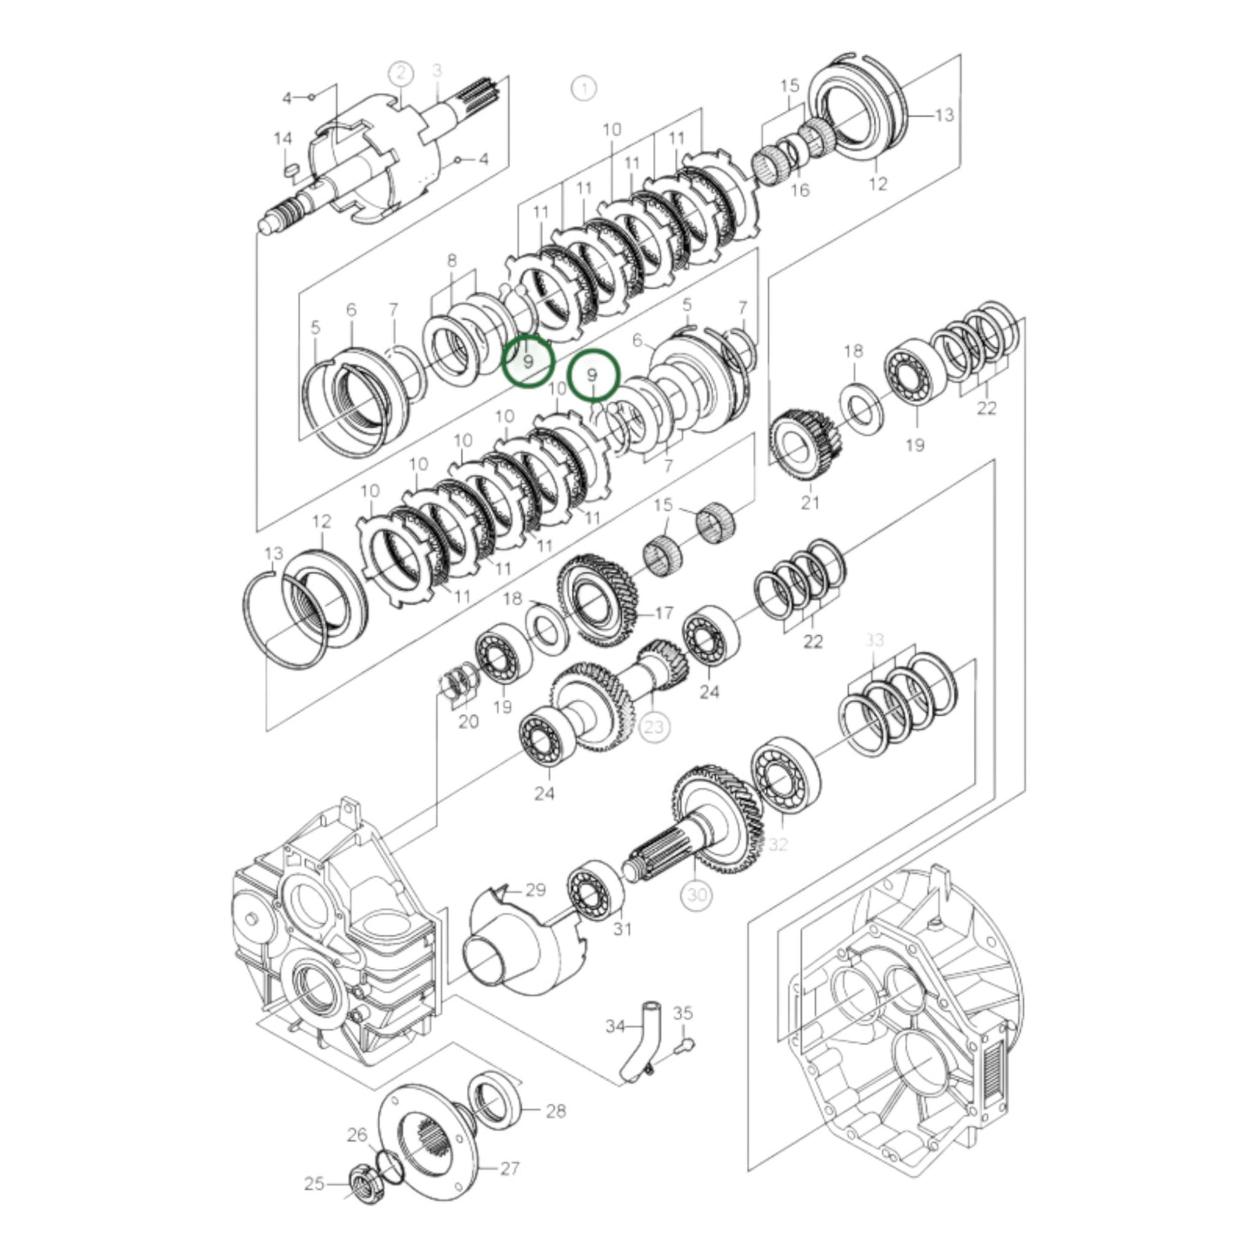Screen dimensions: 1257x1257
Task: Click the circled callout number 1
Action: (584, 88)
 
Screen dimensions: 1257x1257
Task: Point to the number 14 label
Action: (283, 139)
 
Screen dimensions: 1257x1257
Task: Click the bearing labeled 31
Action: (595, 888)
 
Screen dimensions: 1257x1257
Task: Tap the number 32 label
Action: (778, 845)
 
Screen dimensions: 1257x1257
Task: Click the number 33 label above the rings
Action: (874, 640)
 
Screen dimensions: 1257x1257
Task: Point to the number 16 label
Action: (799, 190)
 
